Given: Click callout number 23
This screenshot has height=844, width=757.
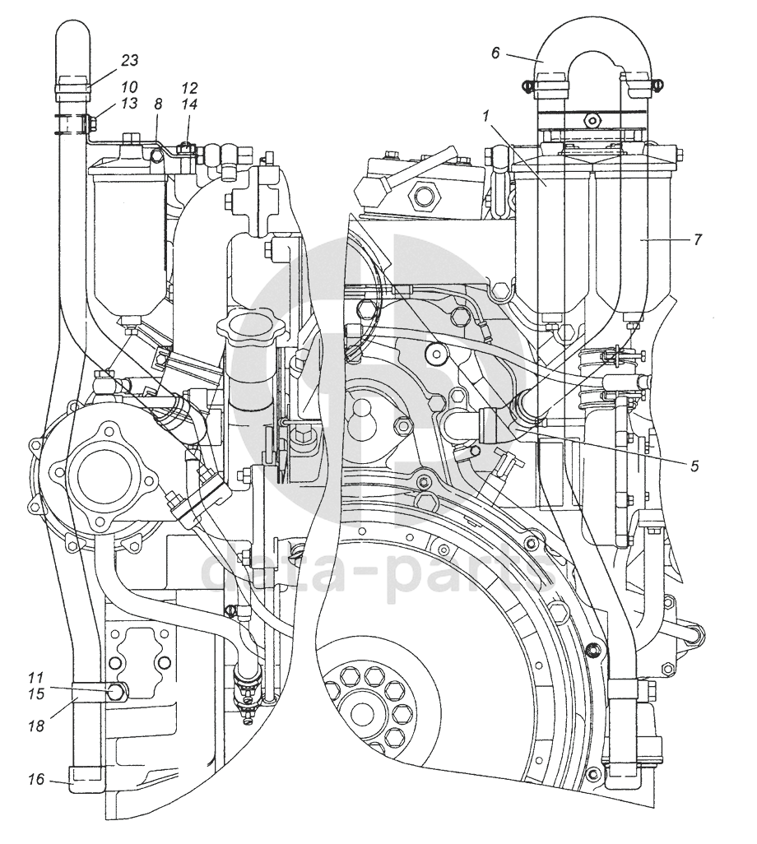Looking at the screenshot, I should pos(129,60).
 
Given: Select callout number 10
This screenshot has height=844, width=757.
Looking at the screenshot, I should pos(130,86).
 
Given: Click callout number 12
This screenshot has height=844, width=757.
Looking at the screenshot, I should pos(190,87).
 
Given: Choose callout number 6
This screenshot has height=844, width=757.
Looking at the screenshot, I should pos(495,52).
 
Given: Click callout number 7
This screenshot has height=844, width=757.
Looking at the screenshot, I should pos(697,239).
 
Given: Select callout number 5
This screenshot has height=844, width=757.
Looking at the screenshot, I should pos(694,466).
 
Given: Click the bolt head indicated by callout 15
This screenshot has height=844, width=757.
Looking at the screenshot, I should pos(116,693).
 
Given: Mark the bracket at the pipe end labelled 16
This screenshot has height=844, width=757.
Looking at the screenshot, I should pos(86,775).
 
